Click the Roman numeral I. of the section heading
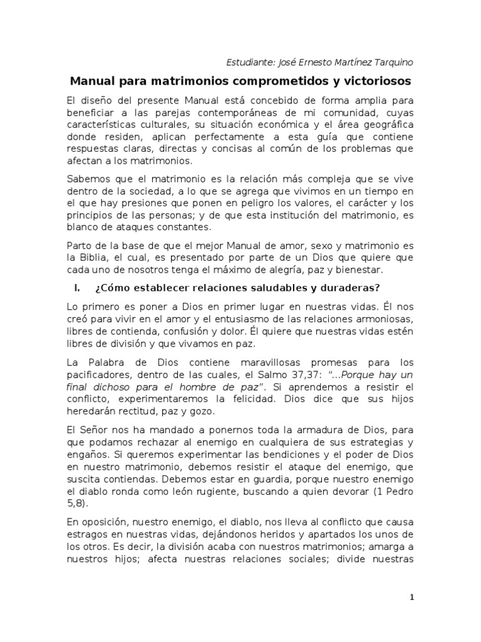(x=77, y=288)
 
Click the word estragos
(x=85, y=535)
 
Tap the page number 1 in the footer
(x=411, y=597)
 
